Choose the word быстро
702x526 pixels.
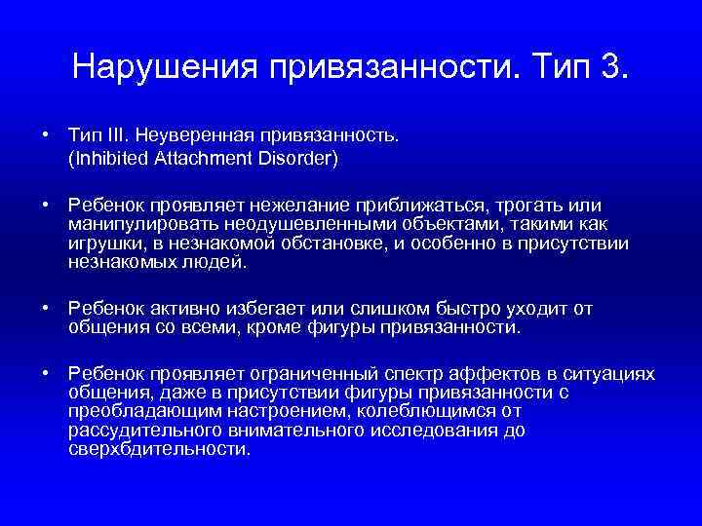coord(457,308)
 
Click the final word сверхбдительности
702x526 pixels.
coord(159,449)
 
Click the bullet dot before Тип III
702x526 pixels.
coord(46,131)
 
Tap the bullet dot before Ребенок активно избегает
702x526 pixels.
coord(46,308)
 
